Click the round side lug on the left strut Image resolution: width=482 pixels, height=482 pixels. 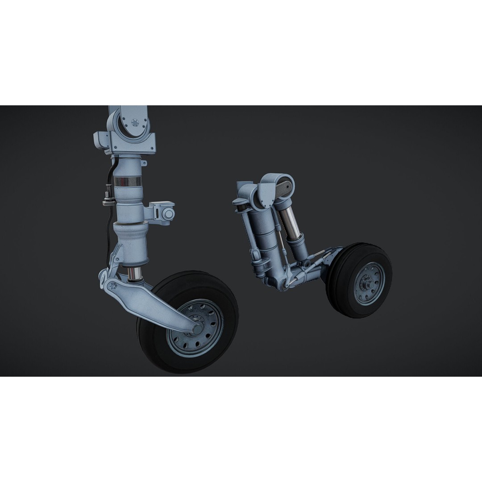[168, 215]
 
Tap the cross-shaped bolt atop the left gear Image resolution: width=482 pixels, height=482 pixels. [135, 122]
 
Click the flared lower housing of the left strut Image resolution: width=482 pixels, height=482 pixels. [130, 243]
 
